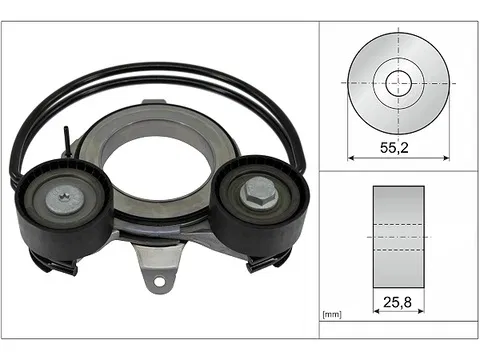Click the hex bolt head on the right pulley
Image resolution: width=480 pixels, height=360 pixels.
coord(259,194)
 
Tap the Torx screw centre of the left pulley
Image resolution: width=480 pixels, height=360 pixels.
coord(64,198)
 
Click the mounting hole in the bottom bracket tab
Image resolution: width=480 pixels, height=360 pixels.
coord(159,282)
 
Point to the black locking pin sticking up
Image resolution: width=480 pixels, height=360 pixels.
coord(67,141)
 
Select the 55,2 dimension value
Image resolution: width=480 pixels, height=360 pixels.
coord(394,147)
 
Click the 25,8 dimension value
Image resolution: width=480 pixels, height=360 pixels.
coord(397,302)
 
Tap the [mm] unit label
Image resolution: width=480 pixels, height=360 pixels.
coord(332,314)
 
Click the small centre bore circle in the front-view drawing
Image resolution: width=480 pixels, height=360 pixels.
coord(399,83)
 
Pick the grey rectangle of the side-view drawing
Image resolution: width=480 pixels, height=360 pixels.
coord(399,237)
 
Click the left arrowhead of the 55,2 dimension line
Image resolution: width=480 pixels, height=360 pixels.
coord(351,158)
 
